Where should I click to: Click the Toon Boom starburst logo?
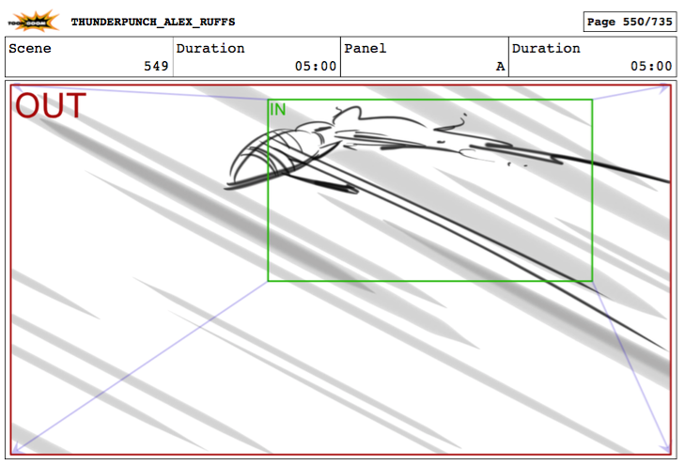point(33,21)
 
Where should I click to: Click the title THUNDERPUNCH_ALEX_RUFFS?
point(153,22)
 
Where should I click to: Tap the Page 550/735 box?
point(630,22)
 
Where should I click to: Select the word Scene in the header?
point(30,48)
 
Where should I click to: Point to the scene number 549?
point(156,66)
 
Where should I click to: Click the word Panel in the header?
point(366,48)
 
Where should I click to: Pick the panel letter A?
point(500,67)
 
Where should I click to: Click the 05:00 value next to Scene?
point(316,66)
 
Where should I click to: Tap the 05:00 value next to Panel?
point(651,66)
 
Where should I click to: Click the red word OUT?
point(51,105)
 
